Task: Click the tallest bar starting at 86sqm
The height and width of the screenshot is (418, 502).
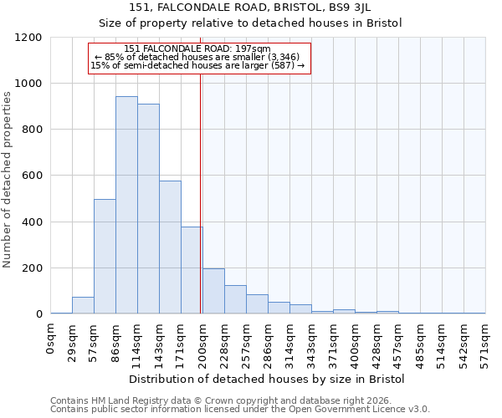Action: (126, 205)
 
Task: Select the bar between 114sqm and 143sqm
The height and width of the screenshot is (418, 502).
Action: (148, 209)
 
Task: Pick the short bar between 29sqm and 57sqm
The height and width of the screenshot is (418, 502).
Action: (83, 305)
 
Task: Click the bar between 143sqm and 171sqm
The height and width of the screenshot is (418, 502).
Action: (170, 247)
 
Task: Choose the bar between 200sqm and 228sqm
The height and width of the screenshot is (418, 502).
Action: (213, 291)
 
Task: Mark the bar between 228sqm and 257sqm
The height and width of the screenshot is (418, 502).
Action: (235, 299)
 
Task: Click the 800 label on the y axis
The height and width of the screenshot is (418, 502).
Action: (32, 130)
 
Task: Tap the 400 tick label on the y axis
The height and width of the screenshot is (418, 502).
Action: (32, 222)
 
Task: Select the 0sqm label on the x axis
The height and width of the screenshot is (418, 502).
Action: (51, 339)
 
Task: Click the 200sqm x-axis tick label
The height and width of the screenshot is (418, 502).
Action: (202, 343)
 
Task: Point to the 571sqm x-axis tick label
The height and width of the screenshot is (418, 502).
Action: (485, 343)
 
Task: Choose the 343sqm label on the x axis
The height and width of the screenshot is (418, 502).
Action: (311, 343)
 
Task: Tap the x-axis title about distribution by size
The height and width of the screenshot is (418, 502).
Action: (266, 380)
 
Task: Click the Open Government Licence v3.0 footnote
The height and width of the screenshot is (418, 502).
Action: (240, 410)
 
